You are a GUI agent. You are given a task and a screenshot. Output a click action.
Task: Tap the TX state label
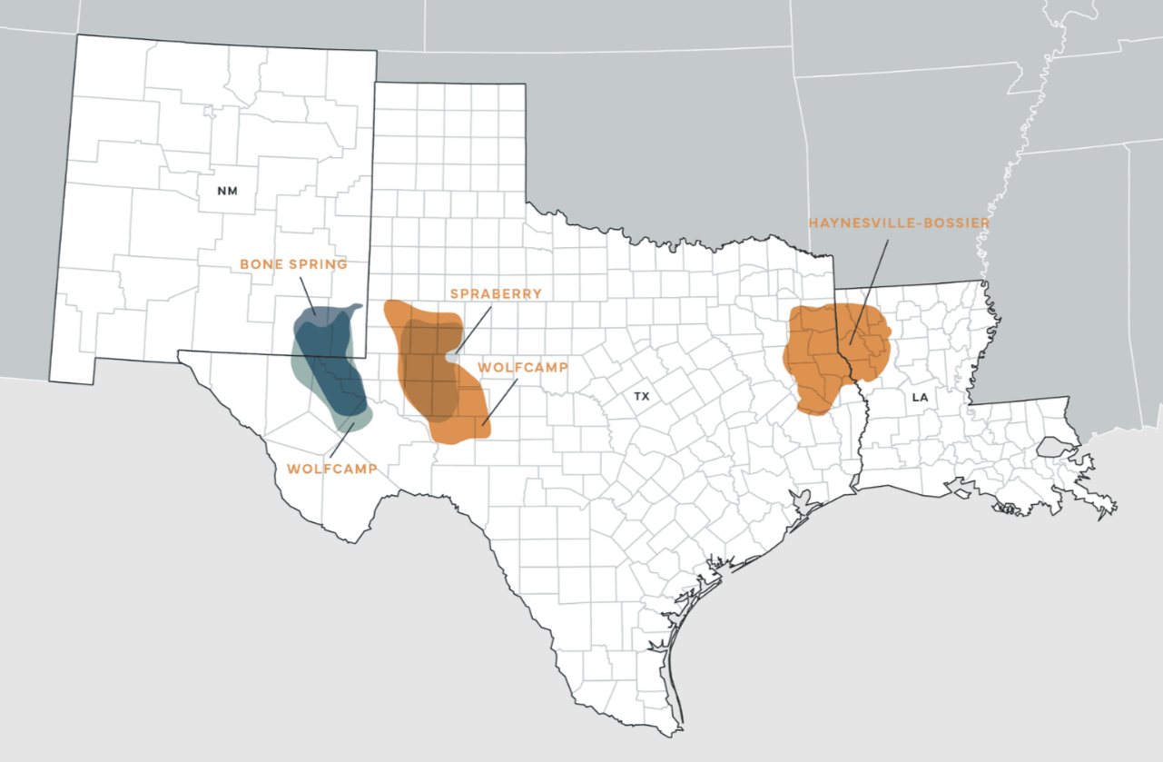(x=642, y=397)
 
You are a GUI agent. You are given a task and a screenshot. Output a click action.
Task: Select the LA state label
(x=920, y=397)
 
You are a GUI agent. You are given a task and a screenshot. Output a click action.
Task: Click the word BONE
(x=260, y=264)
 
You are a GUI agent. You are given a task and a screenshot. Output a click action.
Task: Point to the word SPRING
(x=318, y=264)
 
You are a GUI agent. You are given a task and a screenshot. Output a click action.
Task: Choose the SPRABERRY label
(x=496, y=293)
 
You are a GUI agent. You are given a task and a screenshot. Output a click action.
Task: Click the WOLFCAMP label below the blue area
(x=331, y=470)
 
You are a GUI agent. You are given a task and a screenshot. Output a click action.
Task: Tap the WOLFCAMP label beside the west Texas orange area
(x=523, y=367)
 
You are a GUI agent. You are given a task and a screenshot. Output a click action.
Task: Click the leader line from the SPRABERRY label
(x=474, y=329)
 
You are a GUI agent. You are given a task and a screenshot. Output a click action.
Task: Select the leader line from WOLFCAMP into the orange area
(x=499, y=401)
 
